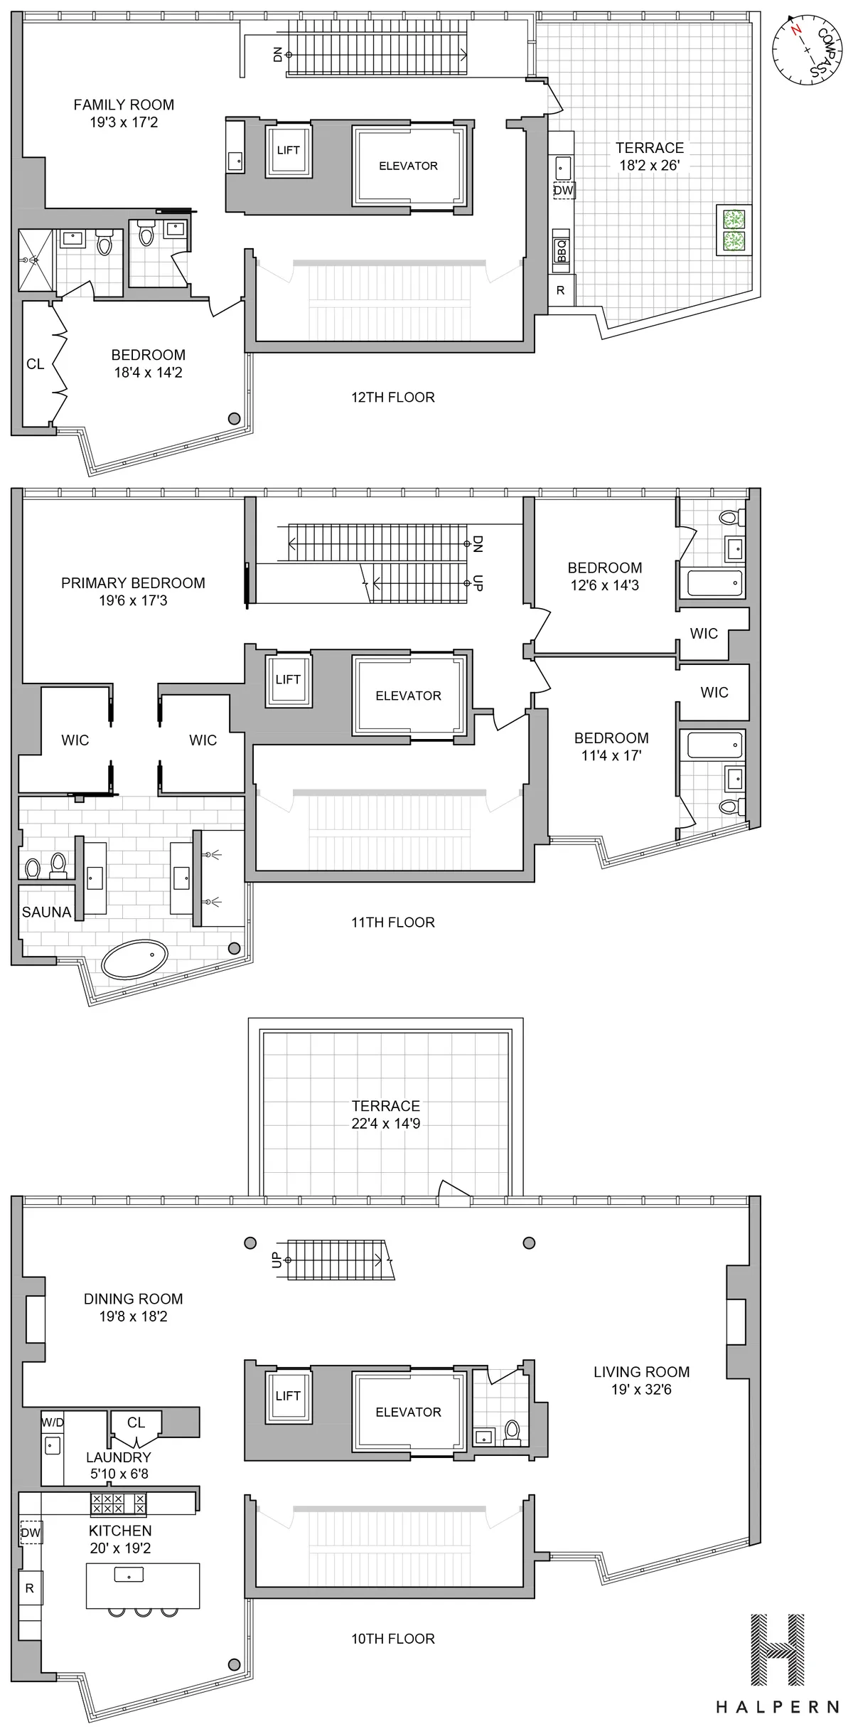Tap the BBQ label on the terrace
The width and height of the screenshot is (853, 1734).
[x=562, y=250]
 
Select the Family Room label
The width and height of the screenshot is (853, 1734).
[x=124, y=105]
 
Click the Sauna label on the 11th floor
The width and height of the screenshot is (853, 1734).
[x=47, y=912]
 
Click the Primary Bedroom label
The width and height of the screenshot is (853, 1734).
[x=133, y=583]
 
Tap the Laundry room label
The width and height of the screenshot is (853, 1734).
[x=119, y=1457]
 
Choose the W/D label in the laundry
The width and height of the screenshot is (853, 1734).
[x=53, y=1422]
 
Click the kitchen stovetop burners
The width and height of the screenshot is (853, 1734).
[x=117, y=1503]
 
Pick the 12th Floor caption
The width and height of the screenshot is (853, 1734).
[x=393, y=397]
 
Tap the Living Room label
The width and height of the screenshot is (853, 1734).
[x=641, y=1372]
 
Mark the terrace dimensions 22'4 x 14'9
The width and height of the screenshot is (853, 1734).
[x=386, y=1124]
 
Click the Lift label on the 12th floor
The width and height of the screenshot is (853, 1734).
[x=288, y=150]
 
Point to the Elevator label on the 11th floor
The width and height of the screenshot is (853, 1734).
[x=408, y=696]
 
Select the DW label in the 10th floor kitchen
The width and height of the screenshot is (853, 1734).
[x=31, y=1533]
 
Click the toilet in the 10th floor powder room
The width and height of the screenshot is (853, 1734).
[x=511, y=1430]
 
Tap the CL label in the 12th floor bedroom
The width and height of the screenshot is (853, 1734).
[x=36, y=364]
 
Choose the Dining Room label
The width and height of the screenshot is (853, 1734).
[x=133, y=1299]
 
